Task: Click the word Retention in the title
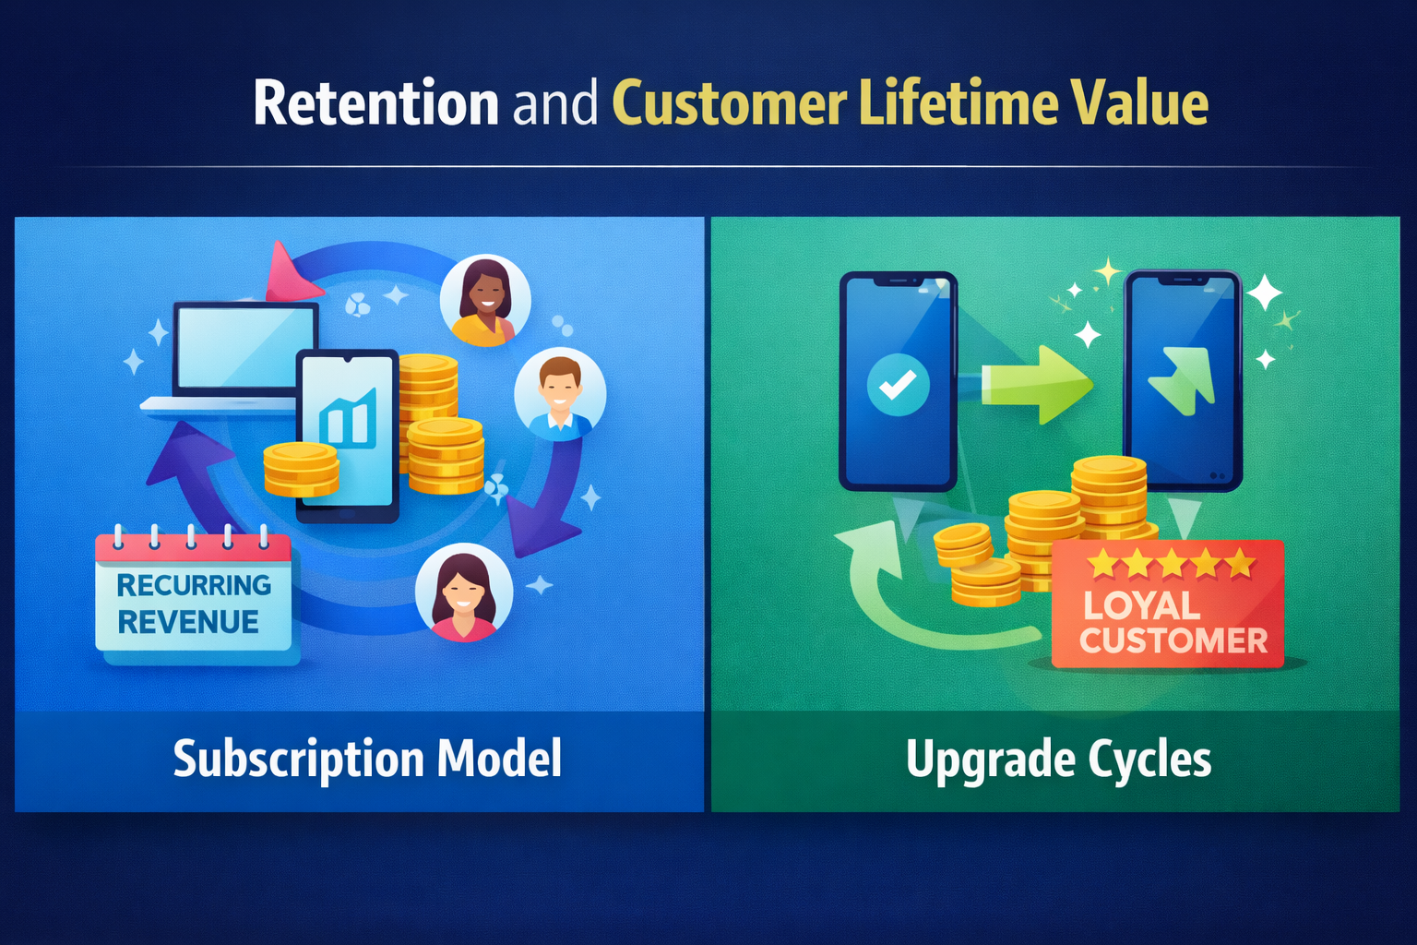376,102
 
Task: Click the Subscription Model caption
367,760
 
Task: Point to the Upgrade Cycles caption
1058,760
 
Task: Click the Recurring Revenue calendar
195,593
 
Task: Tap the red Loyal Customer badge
1168,604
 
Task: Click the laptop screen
245,348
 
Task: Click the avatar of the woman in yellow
485,301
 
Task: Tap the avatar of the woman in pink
464,592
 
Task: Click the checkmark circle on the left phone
898,385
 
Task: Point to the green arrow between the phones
1038,384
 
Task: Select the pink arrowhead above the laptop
290,272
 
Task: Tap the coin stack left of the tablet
301,469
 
